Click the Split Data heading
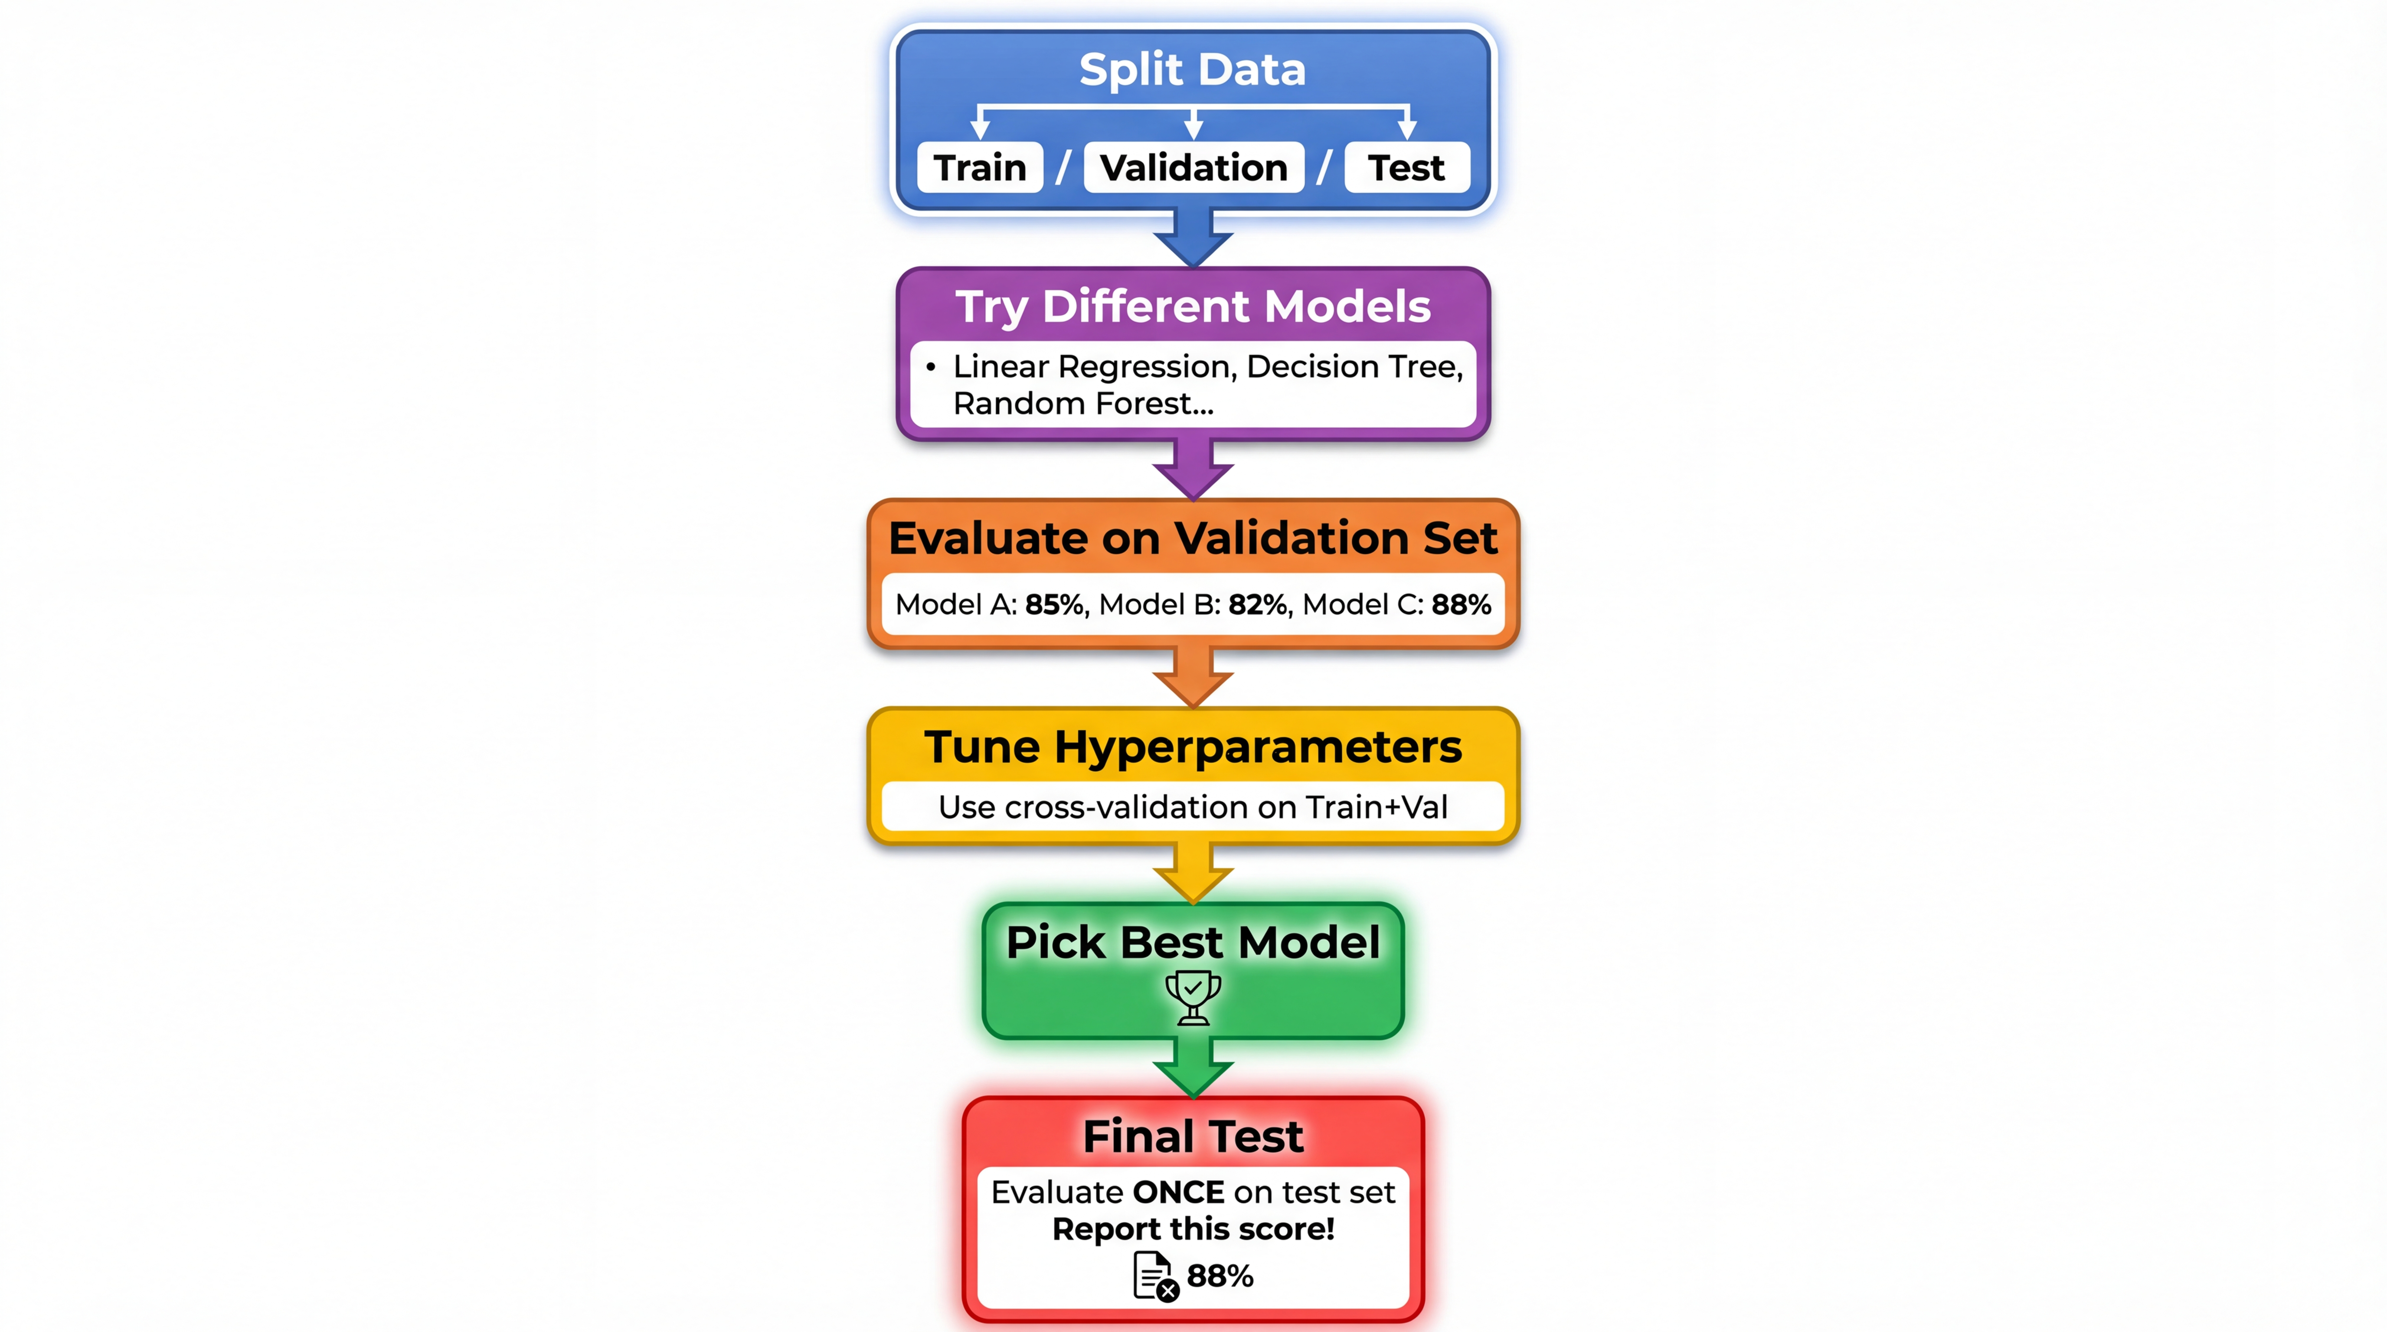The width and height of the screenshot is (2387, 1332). [x=1193, y=69]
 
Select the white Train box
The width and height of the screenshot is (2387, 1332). [x=979, y=168]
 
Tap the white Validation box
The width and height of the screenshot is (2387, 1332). [x=1193, y=168]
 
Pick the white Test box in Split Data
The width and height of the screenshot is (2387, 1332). [x=1406, y=168]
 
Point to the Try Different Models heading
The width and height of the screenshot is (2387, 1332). [x=1193, y=307]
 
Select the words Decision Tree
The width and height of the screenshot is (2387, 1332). [x=1354, y=367]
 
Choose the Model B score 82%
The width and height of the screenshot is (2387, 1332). [x=1257, y=605]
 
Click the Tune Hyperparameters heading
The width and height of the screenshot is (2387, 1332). [x=1193, y=747]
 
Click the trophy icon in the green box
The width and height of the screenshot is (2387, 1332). [x=1193, y=997]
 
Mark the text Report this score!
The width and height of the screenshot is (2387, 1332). [x=1193, y=1229]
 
